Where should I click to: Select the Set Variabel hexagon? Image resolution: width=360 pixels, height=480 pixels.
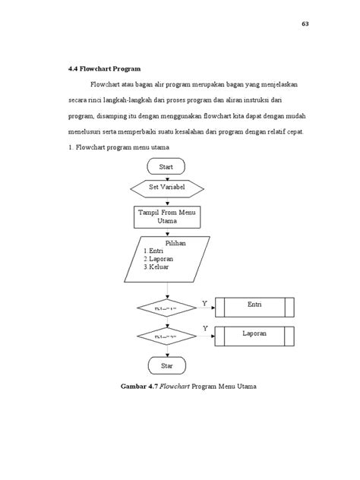[168, 185]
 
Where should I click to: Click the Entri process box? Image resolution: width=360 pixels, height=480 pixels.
[254, 306]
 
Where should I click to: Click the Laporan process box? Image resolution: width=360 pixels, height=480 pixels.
[254, 333]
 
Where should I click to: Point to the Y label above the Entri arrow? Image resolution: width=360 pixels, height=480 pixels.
[205, 303]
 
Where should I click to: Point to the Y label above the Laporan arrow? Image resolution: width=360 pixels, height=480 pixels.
[205, 328]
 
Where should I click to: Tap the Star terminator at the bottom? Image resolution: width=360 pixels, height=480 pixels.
[167, 366]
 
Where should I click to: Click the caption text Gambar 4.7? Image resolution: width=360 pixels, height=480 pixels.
[140, 387]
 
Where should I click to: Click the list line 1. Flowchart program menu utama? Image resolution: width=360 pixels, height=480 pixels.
[118, 147]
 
